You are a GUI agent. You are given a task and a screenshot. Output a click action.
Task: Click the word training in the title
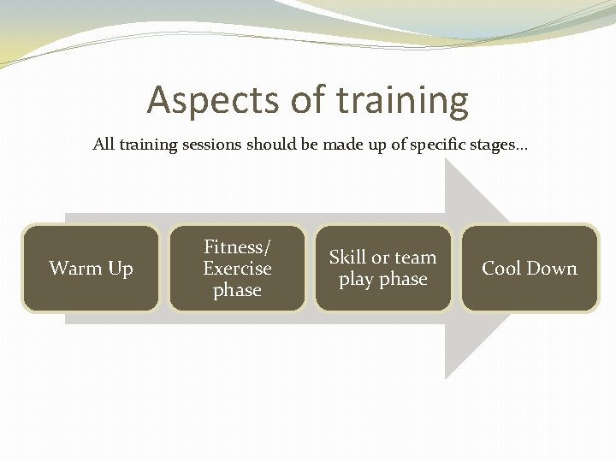coord(402,100)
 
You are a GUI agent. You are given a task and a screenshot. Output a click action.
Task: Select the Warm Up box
coord(91,268)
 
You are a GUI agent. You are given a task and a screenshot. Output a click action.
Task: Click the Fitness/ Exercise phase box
coord(237,268)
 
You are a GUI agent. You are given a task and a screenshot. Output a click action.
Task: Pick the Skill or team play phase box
coord(382,268)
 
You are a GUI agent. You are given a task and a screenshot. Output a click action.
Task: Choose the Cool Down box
coord(530,268)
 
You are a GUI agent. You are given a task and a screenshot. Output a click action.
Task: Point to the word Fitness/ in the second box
coord(237,247)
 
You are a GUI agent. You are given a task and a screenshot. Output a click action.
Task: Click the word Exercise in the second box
coord(237,269)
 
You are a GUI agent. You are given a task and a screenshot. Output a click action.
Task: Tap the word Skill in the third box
coord(347,258)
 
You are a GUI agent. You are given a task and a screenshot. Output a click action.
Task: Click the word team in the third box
coord(415,258)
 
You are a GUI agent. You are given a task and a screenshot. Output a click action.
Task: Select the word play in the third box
coord(357,280)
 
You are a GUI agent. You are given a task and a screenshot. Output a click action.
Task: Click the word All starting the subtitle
coord(103,145)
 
